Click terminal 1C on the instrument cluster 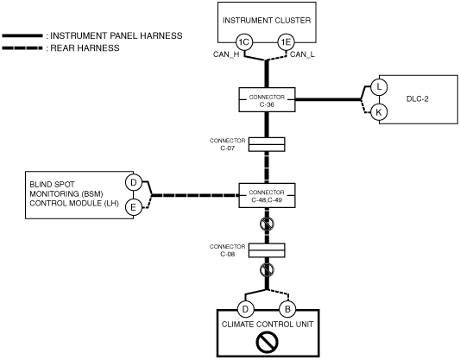tap(244, 42)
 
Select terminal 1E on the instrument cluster tap(286, 42)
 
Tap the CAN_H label tap(226, 54)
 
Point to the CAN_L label tap(302, 54)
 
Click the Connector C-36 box tap(267, 100)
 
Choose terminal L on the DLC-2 tap(379, 87)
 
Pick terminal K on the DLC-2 tap(379, 112)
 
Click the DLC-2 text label tap(417, 99)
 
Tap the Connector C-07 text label tap(227, 144)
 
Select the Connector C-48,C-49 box tap(267, 196)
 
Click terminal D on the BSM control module tap(134, 182)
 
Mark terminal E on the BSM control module tap(134, 207)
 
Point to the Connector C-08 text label tap(227, 250)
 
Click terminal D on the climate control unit tap(245, 309)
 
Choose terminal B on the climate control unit tap(287, 309)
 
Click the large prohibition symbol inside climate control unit tap(267, 342)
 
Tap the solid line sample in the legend tap(22, 35)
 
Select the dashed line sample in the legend tap(22, 47)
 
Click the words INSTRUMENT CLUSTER tap(267, 21)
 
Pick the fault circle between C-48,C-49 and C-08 tap(267, 224)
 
